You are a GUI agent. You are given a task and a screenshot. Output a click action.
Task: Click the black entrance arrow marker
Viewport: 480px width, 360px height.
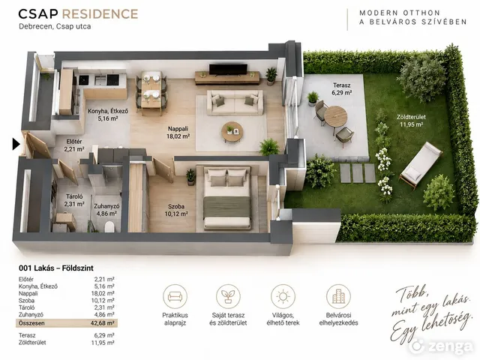coord(16,144)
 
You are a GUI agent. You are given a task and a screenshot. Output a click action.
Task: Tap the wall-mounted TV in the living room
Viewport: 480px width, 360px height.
coord(228,69)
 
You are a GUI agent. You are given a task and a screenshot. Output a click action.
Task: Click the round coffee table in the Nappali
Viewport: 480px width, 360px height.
coord(232,132)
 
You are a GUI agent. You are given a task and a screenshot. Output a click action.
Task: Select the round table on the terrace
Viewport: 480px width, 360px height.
coord(335,117)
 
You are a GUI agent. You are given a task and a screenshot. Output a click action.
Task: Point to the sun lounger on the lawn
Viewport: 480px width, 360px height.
coord(421,164)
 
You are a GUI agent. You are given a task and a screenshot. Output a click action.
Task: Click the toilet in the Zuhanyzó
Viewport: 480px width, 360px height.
coord(109,227)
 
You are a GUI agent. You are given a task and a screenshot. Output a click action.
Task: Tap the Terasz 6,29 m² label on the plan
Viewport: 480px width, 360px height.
coord(342,88)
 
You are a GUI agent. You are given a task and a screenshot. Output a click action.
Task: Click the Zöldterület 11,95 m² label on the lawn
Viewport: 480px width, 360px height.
coord(411,121)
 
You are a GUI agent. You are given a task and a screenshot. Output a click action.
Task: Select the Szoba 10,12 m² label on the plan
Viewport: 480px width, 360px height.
coord(176,210)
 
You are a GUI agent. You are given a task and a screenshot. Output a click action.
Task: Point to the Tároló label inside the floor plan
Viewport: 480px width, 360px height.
coord(74,196)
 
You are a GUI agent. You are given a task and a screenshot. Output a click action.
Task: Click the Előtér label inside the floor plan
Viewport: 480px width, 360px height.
coord(74,142)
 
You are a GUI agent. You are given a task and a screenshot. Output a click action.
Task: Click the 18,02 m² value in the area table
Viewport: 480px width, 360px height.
coord(103,293)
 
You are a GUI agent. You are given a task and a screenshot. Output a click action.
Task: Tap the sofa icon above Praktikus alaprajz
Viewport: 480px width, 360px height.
coord(175,296)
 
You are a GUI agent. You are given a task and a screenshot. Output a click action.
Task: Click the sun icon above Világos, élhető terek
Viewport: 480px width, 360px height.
coord(283,296)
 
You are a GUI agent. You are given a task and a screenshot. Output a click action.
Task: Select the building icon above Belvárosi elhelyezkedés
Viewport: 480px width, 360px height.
coord(338,296)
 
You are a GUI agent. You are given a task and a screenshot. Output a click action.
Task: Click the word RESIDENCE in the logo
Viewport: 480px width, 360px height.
coord(100,14)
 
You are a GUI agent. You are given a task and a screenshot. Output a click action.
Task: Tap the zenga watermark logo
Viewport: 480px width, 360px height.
coord(441,346)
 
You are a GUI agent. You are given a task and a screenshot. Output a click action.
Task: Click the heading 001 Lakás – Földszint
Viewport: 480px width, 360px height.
coord(56,268)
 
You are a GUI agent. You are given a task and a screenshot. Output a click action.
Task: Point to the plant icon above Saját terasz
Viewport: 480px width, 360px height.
coord(228,296)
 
